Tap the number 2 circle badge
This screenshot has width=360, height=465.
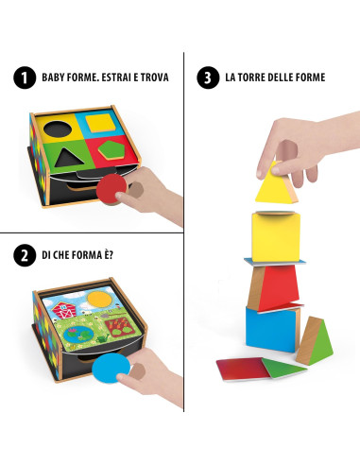click(x=20, y=254)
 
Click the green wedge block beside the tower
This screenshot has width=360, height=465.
click(x=317, y=341)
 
